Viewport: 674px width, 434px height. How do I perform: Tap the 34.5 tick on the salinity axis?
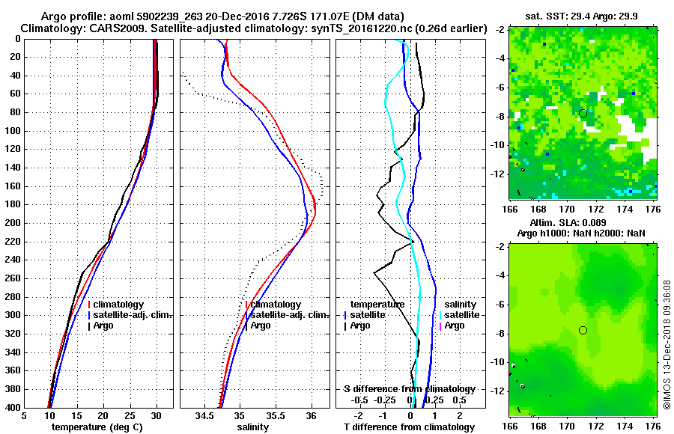click(205, 415)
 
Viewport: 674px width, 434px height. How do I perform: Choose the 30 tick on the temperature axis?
click(157, 415)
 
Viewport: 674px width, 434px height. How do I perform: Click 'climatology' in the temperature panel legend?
click(118, 305)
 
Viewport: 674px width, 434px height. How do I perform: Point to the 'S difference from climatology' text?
click(409, 389)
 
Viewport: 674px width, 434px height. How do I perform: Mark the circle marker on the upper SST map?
click(583, 113)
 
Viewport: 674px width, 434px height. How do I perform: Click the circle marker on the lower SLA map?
click(583, 330)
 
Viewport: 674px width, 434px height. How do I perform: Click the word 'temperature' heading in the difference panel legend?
click(377, 305)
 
